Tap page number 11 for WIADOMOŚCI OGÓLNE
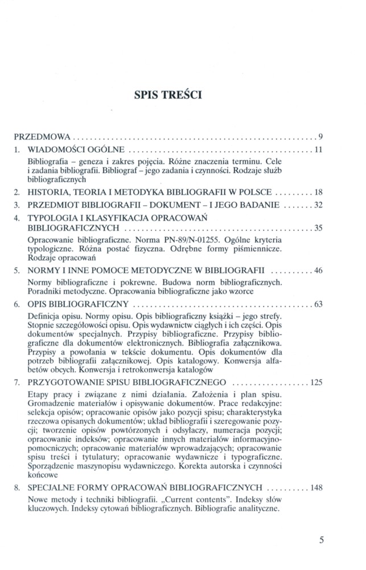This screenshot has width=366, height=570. click(319, 150)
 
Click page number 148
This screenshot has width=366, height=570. click(316, 488)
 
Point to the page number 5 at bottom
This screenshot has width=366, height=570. click(322, 539)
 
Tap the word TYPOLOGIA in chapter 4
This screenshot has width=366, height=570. click(52, 218)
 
